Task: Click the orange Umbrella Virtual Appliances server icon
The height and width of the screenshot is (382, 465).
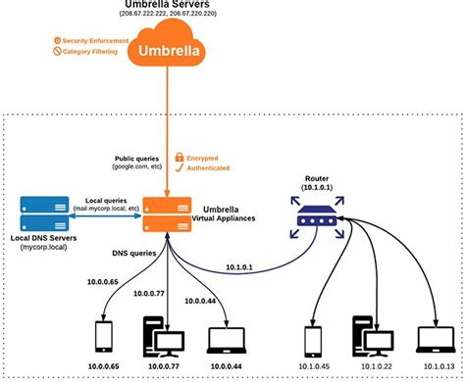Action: click(165, 215)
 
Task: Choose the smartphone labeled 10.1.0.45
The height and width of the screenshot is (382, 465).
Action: click(312, 338)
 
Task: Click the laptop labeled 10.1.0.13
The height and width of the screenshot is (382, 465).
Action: click(430, 338)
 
